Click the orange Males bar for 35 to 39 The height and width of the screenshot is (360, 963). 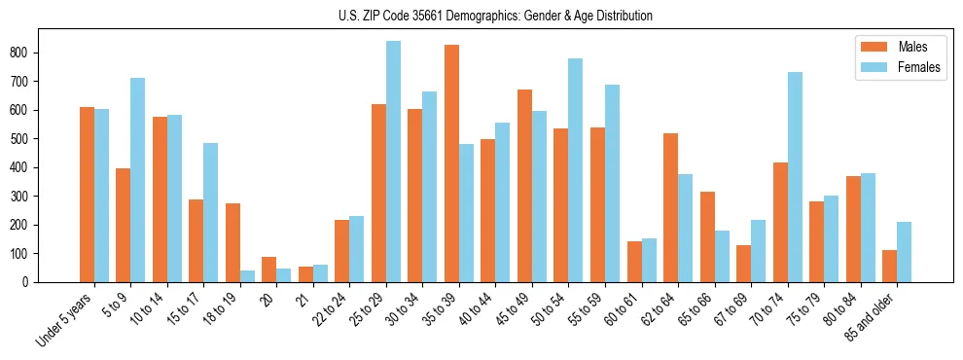(451, 163)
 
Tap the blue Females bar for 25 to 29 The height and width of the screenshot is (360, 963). (393, 162)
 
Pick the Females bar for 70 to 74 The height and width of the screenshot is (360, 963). (795, 177)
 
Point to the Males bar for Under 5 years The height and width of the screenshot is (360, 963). (87, 195)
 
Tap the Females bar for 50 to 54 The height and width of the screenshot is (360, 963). (576, 170)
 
